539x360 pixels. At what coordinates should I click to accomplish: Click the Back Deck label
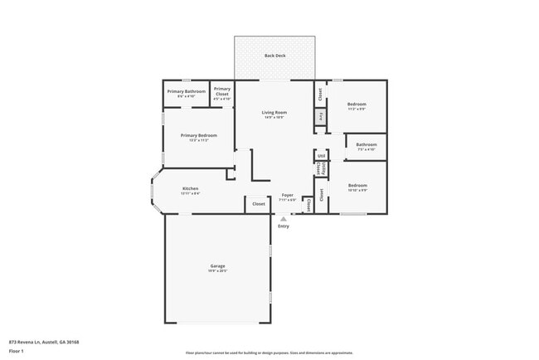click(x=274, y=56)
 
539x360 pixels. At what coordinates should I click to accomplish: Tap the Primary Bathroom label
click(x=186, y=91)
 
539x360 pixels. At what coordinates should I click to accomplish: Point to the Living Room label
click(x=274, y=113)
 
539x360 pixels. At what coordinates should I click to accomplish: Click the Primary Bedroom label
click(x=198, y=135)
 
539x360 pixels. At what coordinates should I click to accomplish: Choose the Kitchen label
click(x=191, y=188)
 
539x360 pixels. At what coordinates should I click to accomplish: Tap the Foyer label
click(x=287, y=195)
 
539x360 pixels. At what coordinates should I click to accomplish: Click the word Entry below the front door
click(x=284, y=226)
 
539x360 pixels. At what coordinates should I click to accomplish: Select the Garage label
click(x=217, y=266)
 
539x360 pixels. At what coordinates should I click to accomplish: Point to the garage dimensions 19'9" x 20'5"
click(x=217, y=271)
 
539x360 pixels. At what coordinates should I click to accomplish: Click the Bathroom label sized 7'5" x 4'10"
click(x=367, y=144)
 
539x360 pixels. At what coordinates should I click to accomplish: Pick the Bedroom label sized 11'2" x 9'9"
click(x=357, y=104)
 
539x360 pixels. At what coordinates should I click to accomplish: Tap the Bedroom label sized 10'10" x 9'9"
click(x=357, y=185)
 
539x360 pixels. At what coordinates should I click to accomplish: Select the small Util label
click(x=321, y=155)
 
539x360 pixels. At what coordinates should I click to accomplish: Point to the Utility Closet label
click(x=320, y=168)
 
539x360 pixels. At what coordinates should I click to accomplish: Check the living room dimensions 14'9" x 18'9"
click(x=274, y=118)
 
